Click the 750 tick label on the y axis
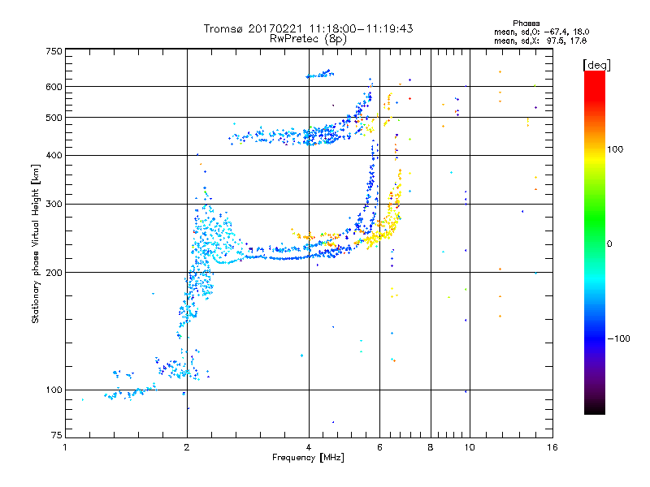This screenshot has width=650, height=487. pos(54,51)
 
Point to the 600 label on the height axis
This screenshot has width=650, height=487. pos(54,87)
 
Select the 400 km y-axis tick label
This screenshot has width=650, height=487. pos(54,156)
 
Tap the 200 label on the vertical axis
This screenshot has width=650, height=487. pos(54,273)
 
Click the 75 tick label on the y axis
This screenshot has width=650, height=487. pos(57,435)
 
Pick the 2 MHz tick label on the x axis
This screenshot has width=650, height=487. pos(187,447)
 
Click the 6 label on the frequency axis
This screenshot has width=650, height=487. pos(379,447)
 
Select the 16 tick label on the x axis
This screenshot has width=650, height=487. pos(552,447)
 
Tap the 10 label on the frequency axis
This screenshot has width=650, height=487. pos(470,447)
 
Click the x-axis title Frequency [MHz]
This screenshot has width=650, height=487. pos(308,458)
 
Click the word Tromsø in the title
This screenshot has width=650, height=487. pos(223,28)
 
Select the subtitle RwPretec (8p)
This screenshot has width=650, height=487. pos(308,39)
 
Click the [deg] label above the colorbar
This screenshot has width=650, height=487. pos(596,65)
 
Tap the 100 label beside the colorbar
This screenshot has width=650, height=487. pos(615,149)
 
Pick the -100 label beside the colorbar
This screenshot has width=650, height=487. pos(619,338)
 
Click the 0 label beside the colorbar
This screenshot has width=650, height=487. pos(609,244)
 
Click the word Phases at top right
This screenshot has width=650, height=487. pos(526,24)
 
